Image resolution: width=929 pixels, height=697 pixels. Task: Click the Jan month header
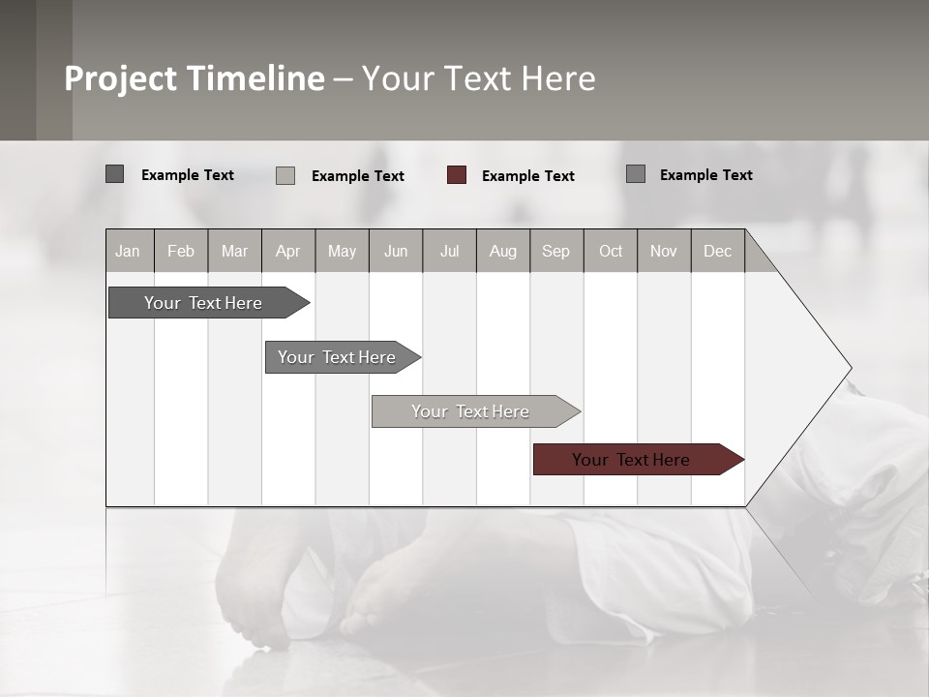[x=129, y=251]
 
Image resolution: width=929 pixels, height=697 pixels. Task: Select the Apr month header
[x=288, y=251]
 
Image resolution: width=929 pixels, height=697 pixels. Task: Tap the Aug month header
[x=502, y=251]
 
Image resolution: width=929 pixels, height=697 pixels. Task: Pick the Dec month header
[x=717, y=251]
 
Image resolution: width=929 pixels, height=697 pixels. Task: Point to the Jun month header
[x=396, y=251]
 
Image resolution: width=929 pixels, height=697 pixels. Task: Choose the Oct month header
[x=611, y=251]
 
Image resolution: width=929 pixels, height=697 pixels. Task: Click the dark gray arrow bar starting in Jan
[x=203, y=303]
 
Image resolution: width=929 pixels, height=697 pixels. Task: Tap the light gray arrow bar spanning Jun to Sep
[x=471, y=411]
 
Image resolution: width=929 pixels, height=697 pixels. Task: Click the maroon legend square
[x=457, y=175]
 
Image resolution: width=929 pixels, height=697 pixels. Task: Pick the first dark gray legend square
[x=115, y=174]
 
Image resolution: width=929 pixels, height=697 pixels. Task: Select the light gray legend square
[x=285, y=175]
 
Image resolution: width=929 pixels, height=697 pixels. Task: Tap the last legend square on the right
[x=636, y=174]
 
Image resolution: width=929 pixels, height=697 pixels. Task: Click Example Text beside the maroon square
[x=527, y=175]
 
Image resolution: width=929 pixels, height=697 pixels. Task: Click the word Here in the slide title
[x=558, y=78]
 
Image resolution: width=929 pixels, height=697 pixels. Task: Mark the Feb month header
[x=181, y=251]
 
